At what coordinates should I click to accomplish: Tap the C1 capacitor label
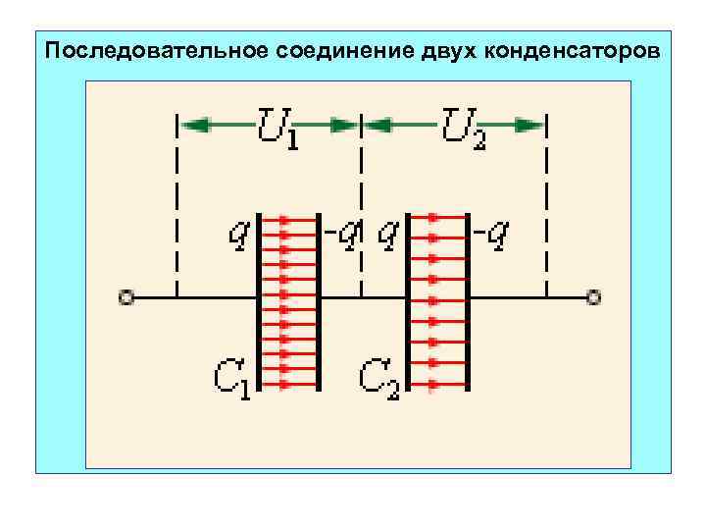pos(231,377)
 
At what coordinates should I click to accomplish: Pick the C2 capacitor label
pos(378,377)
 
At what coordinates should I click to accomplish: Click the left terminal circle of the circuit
pos(125,295)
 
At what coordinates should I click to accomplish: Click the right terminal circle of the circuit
pos(592,295)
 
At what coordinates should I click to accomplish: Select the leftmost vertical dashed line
pos(176,206)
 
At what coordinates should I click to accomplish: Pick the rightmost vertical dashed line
pos(546,206)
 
